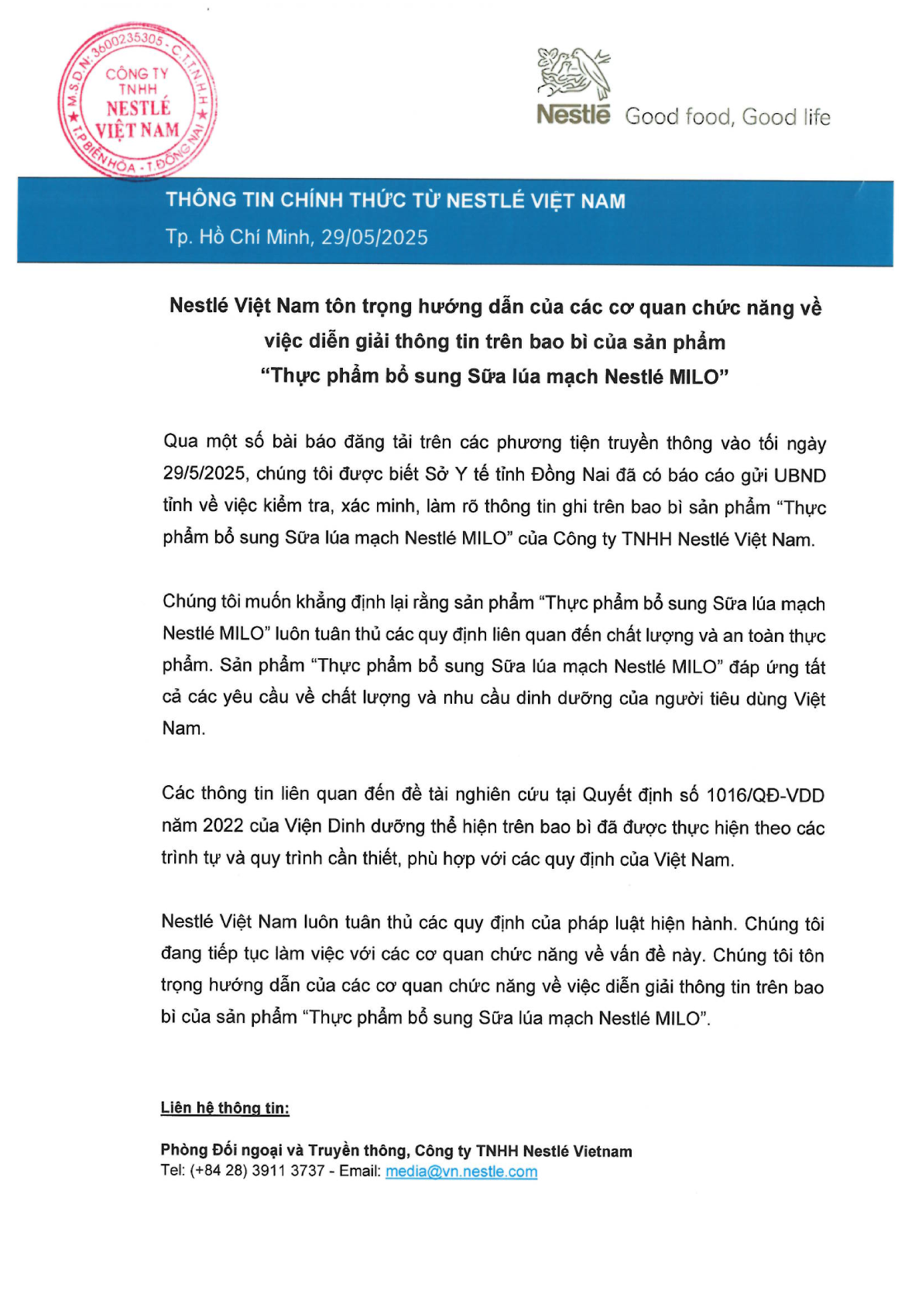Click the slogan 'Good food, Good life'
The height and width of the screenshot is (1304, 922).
pos(727,117)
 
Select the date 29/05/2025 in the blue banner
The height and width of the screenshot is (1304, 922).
pos(375,237)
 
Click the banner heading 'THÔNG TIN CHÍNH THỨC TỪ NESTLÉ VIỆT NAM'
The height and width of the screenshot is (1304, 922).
pos(396,201)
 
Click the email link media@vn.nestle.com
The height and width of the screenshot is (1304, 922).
pos(461,1171)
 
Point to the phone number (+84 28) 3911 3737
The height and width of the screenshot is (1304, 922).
pos(257,1171)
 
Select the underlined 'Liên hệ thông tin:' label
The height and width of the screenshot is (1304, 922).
pos(225,1108)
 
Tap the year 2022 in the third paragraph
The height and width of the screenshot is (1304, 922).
pos(223,826)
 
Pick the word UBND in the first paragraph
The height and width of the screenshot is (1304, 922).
pos(800,475)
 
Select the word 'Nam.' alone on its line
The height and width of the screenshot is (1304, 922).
pos(183,729)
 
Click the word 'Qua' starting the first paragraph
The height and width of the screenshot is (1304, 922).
pos(180,442)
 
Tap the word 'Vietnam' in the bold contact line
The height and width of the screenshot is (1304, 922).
pos(602,1151)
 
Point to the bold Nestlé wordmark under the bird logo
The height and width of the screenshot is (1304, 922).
pos(574,115)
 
